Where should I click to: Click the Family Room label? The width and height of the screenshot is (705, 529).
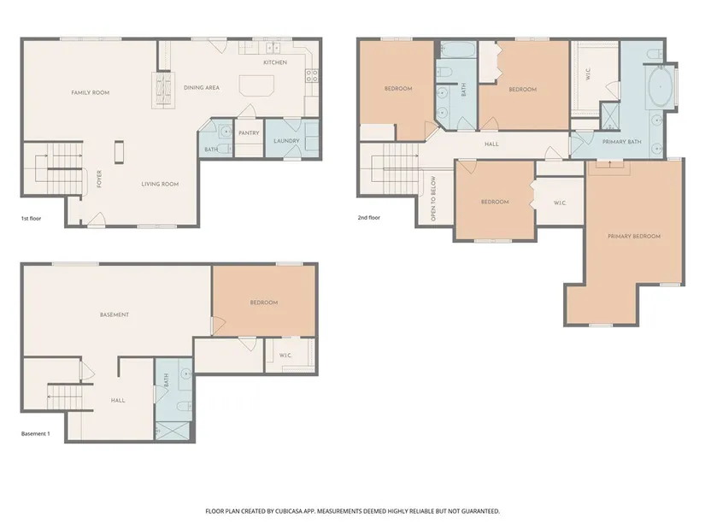(x=91, y=92)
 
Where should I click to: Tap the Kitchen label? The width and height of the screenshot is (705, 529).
(x=275, y=62)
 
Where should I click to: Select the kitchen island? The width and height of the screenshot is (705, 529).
(x=256, y=85)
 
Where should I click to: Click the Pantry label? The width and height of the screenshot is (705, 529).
(x=249, y=133)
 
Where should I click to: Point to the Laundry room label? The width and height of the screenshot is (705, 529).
(x=286, y=141)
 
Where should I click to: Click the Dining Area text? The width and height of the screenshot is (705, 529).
(x=202, y=88)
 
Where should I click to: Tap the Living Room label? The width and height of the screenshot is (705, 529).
(x=160, y=184)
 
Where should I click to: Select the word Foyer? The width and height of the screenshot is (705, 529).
(x=99, y=179)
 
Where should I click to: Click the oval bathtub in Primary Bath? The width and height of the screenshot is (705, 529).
(x=660, y=86)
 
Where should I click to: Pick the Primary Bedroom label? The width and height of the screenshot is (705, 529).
(x=634, y=236)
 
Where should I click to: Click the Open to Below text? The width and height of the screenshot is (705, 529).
(x=433, y=198)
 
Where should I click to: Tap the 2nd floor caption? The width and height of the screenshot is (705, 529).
(x=368, y=218)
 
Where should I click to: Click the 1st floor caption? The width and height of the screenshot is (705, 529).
(x=31, y=219)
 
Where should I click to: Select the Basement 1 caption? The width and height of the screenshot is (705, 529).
(x=36, y=434)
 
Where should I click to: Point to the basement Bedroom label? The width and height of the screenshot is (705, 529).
(x=264, y=303)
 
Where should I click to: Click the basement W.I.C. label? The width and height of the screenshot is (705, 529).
(x=285, y=356)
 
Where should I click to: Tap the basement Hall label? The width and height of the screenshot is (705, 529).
(x=118, y=400)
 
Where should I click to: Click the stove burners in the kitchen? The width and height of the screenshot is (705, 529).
(x=312, y=75)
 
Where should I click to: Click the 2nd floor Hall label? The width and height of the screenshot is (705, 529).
(x=491, y=144)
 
